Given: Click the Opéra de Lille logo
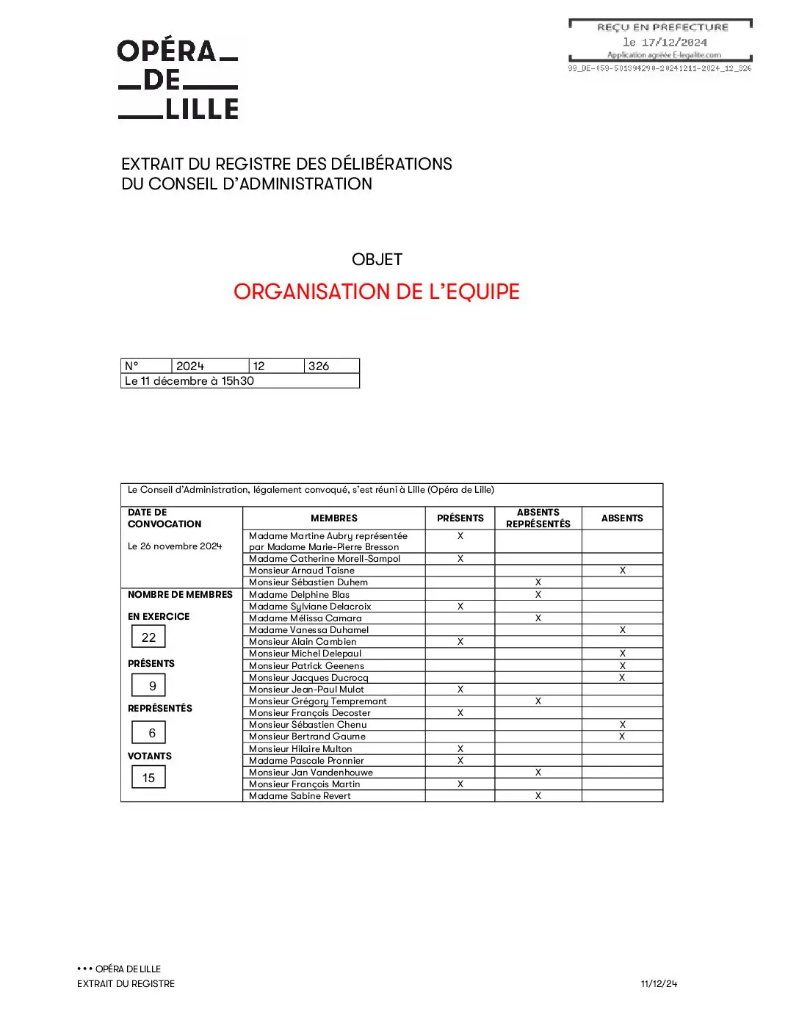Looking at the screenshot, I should click(x=178, y=80).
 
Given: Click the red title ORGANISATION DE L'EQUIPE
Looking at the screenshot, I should click(x=376, y=292).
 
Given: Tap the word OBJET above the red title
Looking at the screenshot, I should click(x=377, y=259).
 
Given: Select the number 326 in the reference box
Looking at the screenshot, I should click(x=319, y=366).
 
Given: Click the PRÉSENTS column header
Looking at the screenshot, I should click(x=460, y=518).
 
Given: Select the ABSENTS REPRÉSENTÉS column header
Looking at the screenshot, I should click(x=538, y=518).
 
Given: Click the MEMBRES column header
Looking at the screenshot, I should click(x=334, y=518).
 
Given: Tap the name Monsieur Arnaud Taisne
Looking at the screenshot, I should click(x=302, y=571).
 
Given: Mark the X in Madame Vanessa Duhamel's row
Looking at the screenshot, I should click(x=623, y=629).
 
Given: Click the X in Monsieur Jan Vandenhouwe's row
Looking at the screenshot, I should click(x=538, y=772).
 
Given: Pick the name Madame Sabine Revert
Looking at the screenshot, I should click(x=300, y=796).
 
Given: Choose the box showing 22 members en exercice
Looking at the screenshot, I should click(x=148, y=637).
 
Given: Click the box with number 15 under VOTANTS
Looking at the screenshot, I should click(x=148, y=778).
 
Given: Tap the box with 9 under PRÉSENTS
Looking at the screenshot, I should click(x=152, y=686).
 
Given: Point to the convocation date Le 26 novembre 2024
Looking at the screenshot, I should click(x=175, y=546).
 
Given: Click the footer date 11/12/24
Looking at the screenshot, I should click(x=659, y=984).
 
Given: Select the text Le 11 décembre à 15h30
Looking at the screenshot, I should click(x=189, y=381).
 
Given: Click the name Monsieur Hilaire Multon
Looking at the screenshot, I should click(x=300, y=749).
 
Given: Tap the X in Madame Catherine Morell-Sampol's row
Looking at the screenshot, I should click(x=460, y=559).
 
